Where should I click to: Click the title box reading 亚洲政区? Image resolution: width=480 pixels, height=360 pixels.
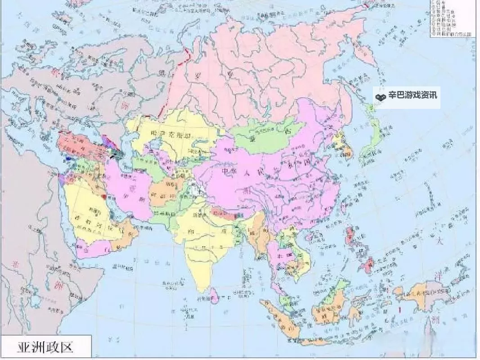tap(45, 347)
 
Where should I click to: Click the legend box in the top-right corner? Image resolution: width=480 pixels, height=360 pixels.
tap(454, 18)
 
